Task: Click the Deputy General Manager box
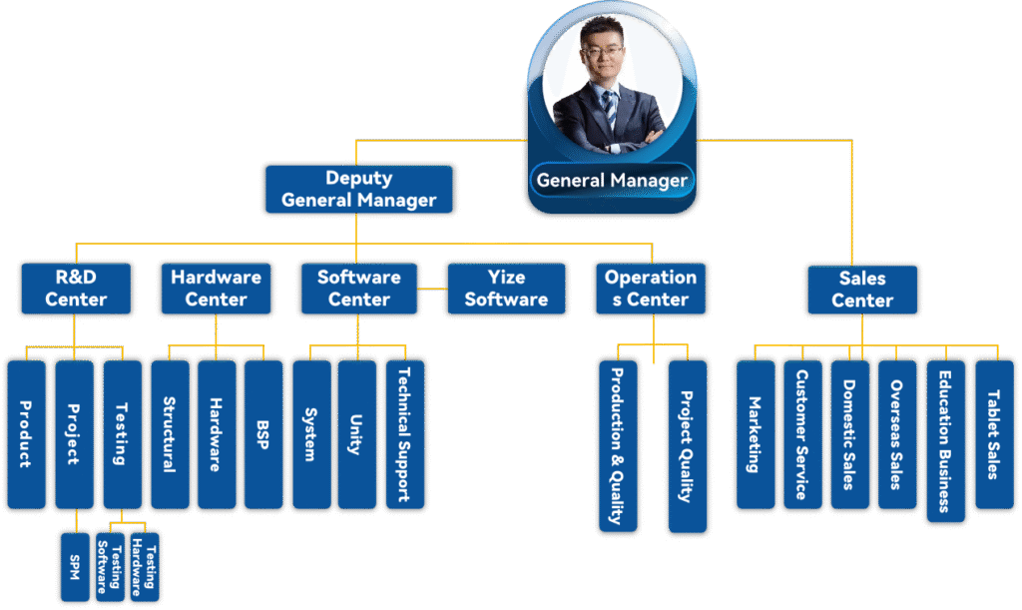pyautogui.click(x=358, y=189)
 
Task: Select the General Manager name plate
pyautogui.click(x=611, y=181)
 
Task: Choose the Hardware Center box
pyautogui.click(x=216, y=288)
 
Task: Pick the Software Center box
pyautogui.click(x=358, y=288)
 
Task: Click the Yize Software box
pyautogui.click(x=505, y=288)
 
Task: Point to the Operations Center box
pyautogui.click(x=650, y=288)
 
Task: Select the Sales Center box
pyautogui.click(x=861, y=289)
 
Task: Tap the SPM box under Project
pyautogui.click(x=75, y=568)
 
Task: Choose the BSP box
pyautogui.click(x=263, y=434)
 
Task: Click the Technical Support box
pyautogui.click(x=404, y=434)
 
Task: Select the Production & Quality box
pyautogui.click(x=617, y=445)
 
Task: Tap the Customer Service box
pyautogui.click(x=801, y=434)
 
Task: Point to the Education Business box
pyautogui.click(x=944, y=440)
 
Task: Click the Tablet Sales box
pyautogui.click(x=993, y=434)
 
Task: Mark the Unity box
pyautogui.click(x=356, y=434)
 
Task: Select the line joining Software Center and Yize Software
pyautogui.click(x=432, y=289)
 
